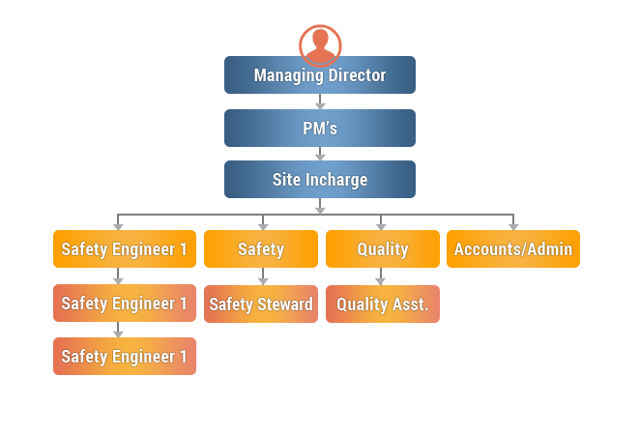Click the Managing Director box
point(320,75)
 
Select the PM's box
point(320,129)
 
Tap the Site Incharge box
point(320,180)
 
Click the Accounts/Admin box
point(513,249)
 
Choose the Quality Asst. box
point(382,304)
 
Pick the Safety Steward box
point(261,304)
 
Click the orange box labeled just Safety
point(261,249)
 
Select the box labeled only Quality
point(382,249)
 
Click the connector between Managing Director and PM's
point(320,102)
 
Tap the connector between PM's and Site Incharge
point(320,155)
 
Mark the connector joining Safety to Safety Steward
point(263,280)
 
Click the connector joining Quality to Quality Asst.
point(381,280)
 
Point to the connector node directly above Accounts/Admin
point(513,225)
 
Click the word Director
point(356,75)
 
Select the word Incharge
point(336,180)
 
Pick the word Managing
point(287,75)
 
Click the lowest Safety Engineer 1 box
point(125,357)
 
